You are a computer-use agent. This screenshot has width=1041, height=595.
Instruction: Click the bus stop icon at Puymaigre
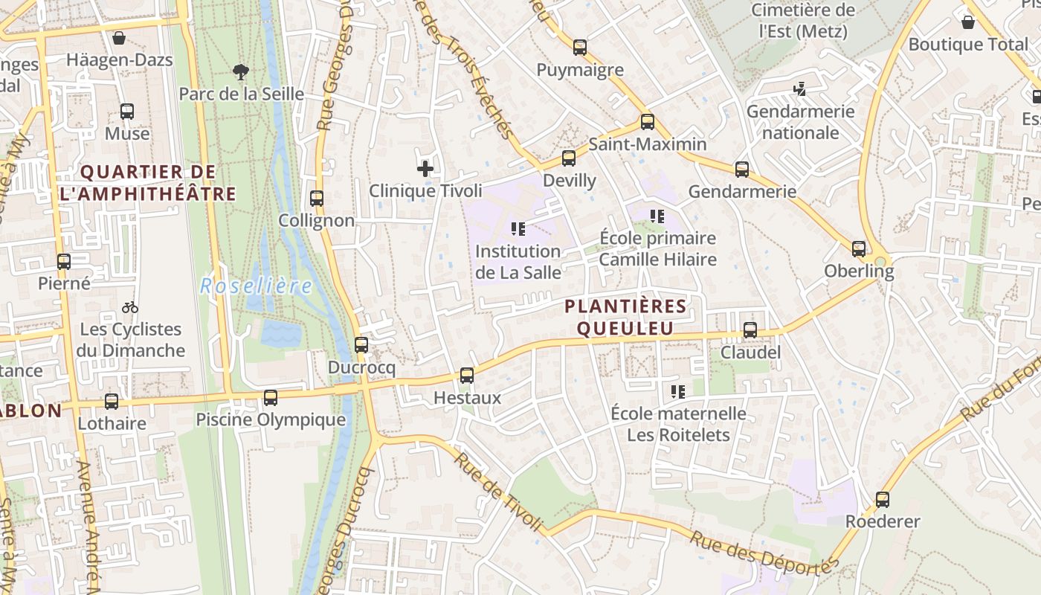(x=580, y=48)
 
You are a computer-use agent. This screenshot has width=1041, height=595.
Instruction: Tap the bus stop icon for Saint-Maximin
(x=648, y=122)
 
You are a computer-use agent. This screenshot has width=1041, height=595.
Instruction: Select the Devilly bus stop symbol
(x=569, y=158)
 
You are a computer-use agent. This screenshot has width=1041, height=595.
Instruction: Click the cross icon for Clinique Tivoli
(x=425, y=169)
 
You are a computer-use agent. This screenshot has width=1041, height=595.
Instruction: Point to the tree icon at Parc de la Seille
(x=240, y=72)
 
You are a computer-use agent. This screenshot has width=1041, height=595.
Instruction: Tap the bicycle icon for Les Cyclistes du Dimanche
(x=130, y=306)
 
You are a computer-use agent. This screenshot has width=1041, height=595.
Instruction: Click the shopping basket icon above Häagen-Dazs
(x=119, y=38)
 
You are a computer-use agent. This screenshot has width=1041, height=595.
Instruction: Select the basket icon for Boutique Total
(x=968, y=22)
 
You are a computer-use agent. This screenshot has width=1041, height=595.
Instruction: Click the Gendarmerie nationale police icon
(x=800, y=89)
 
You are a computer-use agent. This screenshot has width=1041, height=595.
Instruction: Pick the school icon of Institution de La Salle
(x=518, y=229)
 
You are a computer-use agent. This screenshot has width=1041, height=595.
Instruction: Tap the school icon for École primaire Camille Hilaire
(x=657, y=216)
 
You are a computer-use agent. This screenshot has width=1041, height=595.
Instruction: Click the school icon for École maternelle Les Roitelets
(x=677, y=391)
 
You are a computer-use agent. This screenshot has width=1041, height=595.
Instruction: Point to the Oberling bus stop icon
(x=859, y=249)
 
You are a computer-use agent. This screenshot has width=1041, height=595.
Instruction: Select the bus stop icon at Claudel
(x=750, y=330)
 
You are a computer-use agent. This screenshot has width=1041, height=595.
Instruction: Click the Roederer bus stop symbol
(x=883, y=500)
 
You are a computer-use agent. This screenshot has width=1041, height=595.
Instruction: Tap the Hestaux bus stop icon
(x=467, y=376)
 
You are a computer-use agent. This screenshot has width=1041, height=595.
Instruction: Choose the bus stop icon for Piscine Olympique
(x=271, y=398)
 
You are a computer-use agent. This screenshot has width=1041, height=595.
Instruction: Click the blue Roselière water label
(x=256, y=286)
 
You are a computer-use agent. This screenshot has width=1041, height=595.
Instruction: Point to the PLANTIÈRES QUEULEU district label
(x=625, y=317)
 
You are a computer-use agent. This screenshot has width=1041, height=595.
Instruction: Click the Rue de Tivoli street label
(x=498, y=492)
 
